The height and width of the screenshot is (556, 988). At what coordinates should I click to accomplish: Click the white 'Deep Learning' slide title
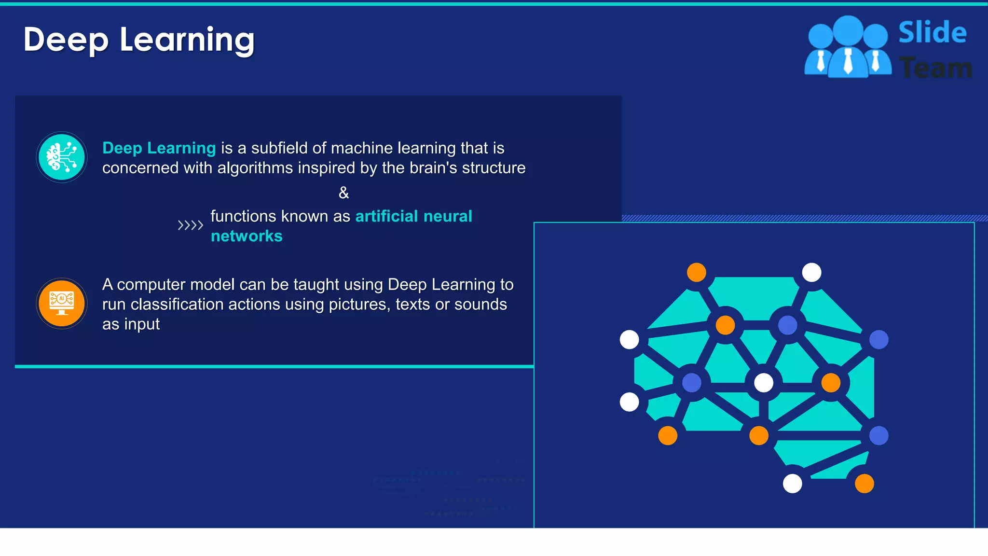(139, 40)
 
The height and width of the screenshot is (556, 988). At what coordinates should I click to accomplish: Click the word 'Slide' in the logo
(932, 33)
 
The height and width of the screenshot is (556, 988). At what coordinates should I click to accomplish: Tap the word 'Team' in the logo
(936, 68)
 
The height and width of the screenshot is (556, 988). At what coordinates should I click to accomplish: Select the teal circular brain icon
(62, 157)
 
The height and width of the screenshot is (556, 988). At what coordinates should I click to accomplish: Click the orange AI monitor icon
(62, 304)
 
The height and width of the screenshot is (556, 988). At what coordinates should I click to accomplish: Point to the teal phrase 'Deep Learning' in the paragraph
(159, 148)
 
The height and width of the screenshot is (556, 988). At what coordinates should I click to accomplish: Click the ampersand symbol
(343, 193)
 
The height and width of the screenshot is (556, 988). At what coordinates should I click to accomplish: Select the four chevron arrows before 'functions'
(190, 225)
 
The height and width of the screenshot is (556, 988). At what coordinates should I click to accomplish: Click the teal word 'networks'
(247, 236)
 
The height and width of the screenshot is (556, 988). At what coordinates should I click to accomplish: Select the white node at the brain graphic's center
(763, 383)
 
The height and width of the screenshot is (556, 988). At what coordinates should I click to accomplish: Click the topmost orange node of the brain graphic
(696, 273)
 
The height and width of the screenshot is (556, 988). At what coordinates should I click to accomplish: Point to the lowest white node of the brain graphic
(792, 484)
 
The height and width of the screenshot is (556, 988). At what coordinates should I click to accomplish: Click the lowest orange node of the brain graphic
(864, 484)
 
